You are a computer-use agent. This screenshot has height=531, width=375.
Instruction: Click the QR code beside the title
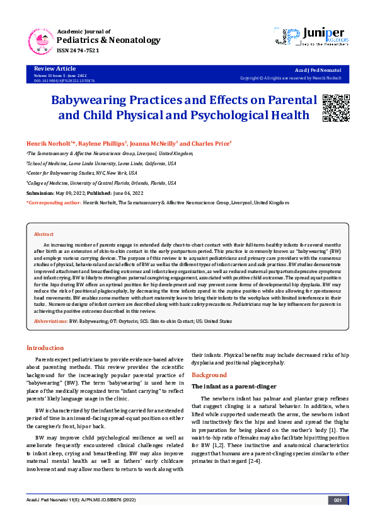(336, 108)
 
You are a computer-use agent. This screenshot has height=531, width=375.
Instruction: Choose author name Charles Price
(211, 143)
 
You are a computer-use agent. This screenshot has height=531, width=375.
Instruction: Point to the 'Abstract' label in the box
(43, 234)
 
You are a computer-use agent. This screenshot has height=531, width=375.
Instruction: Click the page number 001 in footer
(337, 518)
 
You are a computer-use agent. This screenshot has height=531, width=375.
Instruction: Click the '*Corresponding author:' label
(54, 203)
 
